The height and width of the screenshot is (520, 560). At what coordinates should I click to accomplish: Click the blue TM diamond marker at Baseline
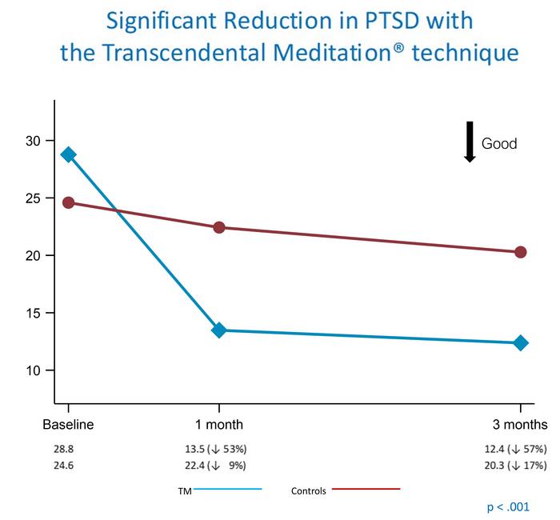[x=68, y=154]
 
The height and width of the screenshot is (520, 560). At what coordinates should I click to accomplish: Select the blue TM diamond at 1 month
[x=218, y=330]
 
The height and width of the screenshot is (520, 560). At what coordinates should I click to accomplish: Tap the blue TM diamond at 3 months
[x=521, y=342]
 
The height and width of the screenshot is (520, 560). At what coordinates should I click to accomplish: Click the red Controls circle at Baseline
[x=68, y=202]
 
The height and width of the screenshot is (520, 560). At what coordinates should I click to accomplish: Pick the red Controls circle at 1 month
[x=218, y=227]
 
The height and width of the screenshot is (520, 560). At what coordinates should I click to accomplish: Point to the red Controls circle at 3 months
[x=521, y=252]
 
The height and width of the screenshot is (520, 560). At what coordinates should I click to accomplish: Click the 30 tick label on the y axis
[x=32, y=141]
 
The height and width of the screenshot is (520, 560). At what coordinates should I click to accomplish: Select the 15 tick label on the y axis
[x=32, y=314]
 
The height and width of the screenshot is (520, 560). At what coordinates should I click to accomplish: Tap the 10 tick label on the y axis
[x=32, y=371]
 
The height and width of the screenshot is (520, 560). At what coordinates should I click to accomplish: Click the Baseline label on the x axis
[x=68, y=425]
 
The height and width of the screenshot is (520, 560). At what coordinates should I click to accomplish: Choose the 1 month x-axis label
[x=218, y=425]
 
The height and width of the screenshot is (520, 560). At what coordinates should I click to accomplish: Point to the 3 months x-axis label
[x=520, y=425]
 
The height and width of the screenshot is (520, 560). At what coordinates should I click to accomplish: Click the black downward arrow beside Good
[x=470, y=142]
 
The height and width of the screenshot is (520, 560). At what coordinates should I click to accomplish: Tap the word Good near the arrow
[x=499, y=144]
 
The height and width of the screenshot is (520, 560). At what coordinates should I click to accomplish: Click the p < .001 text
[x=508, y=507]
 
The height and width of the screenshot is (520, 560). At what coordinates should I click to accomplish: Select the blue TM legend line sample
[x=227, y=489]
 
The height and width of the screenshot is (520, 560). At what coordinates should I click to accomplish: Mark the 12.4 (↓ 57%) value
[x=514, y=450]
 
